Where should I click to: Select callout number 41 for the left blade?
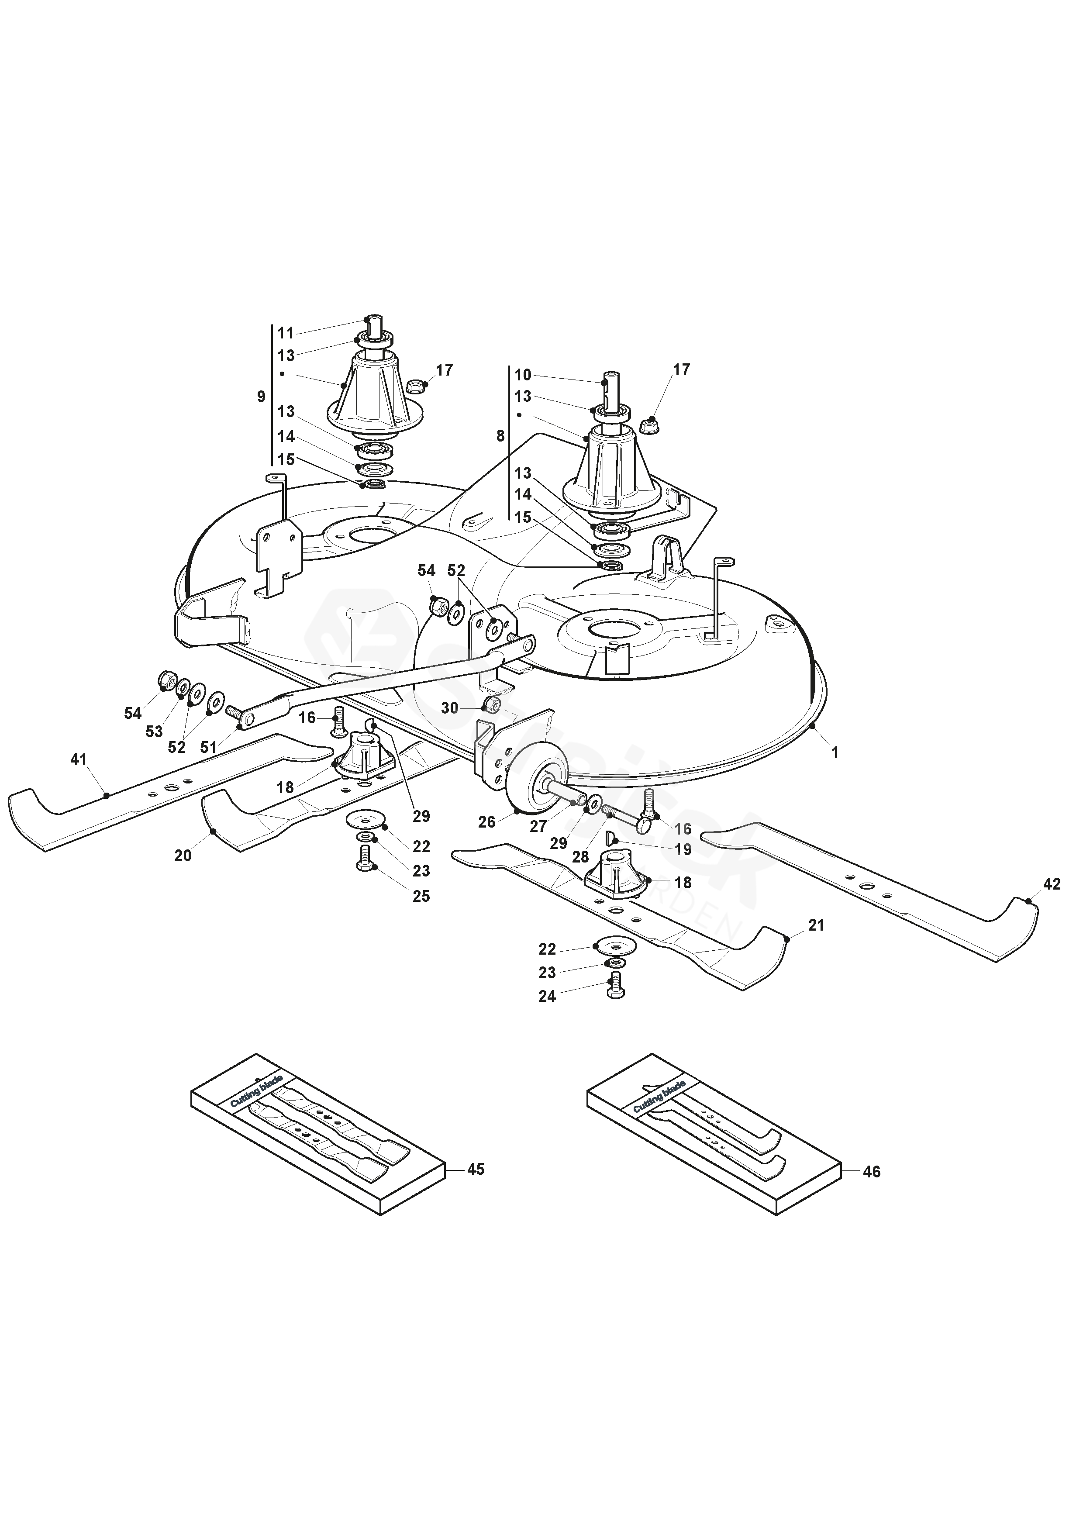click(79, 759)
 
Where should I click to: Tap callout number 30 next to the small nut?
click(450, 707)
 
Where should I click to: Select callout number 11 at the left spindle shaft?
click(286, 333)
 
